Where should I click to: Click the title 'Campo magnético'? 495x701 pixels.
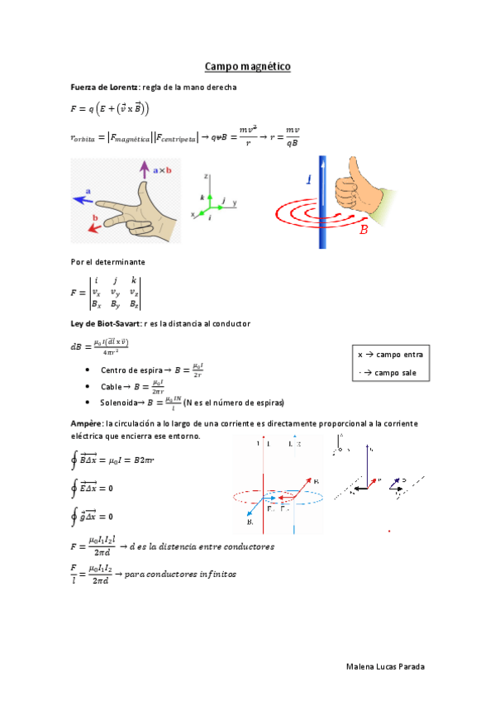point(247,66)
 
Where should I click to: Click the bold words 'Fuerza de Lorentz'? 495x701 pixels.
point(104,88)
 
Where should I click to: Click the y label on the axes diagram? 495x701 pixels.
point(235,202)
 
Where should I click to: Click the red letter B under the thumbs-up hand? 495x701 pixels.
point(363,231)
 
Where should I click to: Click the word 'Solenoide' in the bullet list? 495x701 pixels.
point(119,403)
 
